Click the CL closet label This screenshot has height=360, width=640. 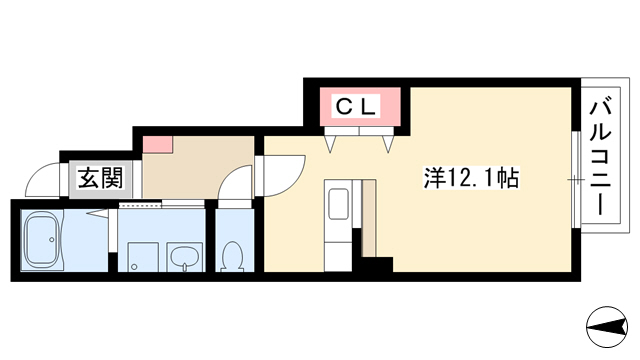coord(356,107)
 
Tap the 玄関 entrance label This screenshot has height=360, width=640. coord(100,178)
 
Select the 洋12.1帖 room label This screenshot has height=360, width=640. coord(471,178)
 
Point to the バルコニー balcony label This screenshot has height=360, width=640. coord(600,158)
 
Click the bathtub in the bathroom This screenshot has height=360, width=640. coord(42,240)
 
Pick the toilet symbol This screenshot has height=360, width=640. coord(232,256)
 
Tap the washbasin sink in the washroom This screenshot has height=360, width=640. coord(185,257)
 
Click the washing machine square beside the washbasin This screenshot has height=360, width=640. coord(143,257)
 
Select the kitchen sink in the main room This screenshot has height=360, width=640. coord(338,202)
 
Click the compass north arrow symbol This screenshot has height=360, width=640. coord(607,327)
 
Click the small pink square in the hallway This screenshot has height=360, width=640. coord(158,144)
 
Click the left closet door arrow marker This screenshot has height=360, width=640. coord(331,144)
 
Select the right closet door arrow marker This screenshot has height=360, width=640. coord(388,144)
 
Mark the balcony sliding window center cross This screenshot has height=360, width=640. coord(576,179)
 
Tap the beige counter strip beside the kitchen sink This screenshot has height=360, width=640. coord(369,218)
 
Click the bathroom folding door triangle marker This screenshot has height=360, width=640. coord(98,213)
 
